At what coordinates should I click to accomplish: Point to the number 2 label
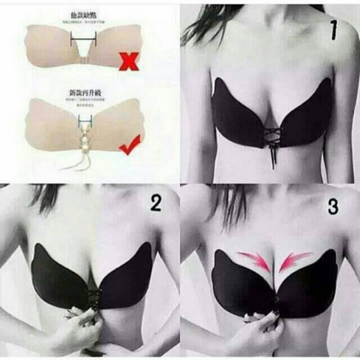coord(155,203)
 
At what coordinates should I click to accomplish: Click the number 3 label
coord(333,206)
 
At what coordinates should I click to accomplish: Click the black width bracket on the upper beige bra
coord(84,40)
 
